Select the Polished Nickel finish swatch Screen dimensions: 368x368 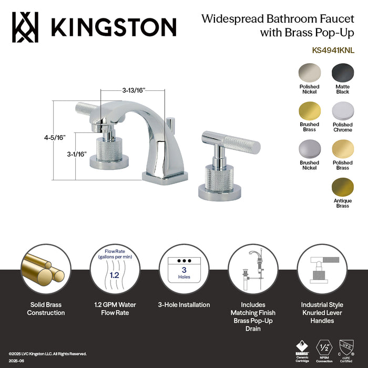[x=309, y=71]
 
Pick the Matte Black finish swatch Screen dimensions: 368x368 [x=342, y=71]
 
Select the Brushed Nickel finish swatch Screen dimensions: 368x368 [x=309, y=148]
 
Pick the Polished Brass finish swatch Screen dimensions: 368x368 [x=342, y=148]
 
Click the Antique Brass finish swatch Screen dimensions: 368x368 [x=342, y=187]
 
